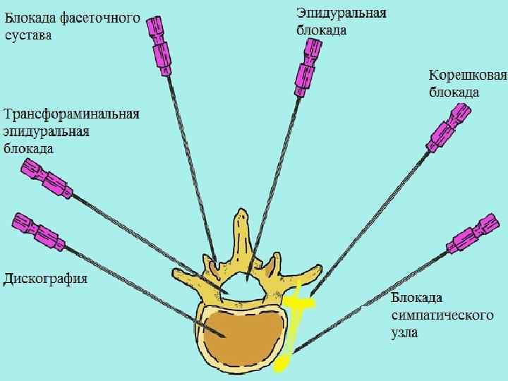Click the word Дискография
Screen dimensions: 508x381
tap(46, 278)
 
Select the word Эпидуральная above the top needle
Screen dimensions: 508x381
tap(341, 14)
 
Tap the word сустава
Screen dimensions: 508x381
tap(28, 35)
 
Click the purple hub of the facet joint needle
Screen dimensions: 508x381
tap(159, 46)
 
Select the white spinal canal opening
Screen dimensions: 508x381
tap(243, 285)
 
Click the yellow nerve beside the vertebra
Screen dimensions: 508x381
tap(296, 310)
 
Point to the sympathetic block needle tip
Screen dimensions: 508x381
tap(291, 352)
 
